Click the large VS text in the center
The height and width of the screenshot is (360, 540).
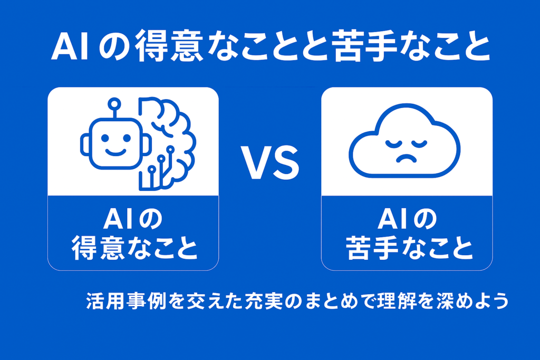(270, 162)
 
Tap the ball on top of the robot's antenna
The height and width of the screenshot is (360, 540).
(114, 104)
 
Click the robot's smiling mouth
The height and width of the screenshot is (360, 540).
(115, 152)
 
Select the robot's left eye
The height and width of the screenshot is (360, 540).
(105, 138)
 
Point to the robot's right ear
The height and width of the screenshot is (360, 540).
(147, 144)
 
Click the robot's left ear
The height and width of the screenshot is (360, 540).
(85, 144)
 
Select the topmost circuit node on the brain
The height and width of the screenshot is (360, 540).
(170, 149)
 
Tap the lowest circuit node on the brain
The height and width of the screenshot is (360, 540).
(151, 169)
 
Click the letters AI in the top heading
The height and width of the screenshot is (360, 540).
(71, 46)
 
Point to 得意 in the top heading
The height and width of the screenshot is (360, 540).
(168, 46)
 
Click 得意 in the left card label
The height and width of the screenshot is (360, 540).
(98, 248)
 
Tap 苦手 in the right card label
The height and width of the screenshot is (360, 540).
(372, 248)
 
